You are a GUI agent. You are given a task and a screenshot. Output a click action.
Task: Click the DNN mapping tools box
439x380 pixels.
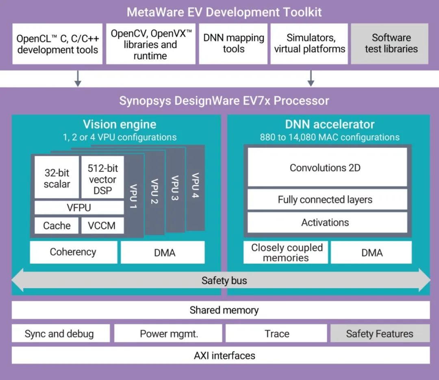click(x=233, y=43)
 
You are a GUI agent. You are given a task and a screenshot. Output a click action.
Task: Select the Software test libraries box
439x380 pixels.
click(x=390, y=43)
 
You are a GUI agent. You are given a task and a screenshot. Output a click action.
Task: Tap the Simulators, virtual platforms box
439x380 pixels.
click(x=309, y=43)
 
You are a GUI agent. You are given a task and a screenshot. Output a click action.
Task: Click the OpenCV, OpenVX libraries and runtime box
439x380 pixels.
click(x=150, y=44)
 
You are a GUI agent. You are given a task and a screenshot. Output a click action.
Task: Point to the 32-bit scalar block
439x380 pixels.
click(x=57, y=178)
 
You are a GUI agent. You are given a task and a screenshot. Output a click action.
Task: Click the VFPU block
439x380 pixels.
click(x=79, y=208)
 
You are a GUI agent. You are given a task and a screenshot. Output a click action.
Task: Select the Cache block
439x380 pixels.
click(x=57, y=226)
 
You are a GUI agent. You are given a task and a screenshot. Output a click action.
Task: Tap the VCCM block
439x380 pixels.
click(x=102, y=226)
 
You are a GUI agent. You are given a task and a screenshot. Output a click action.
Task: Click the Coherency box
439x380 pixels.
click(x=73, y=252)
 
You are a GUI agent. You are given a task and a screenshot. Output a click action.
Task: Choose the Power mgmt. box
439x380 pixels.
click(x=168, y=334)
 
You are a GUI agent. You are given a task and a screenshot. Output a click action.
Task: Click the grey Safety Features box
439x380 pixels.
click(x=380, y=334)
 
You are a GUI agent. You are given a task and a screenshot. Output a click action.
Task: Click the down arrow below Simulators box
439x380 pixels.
click(x=311, y=78)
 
